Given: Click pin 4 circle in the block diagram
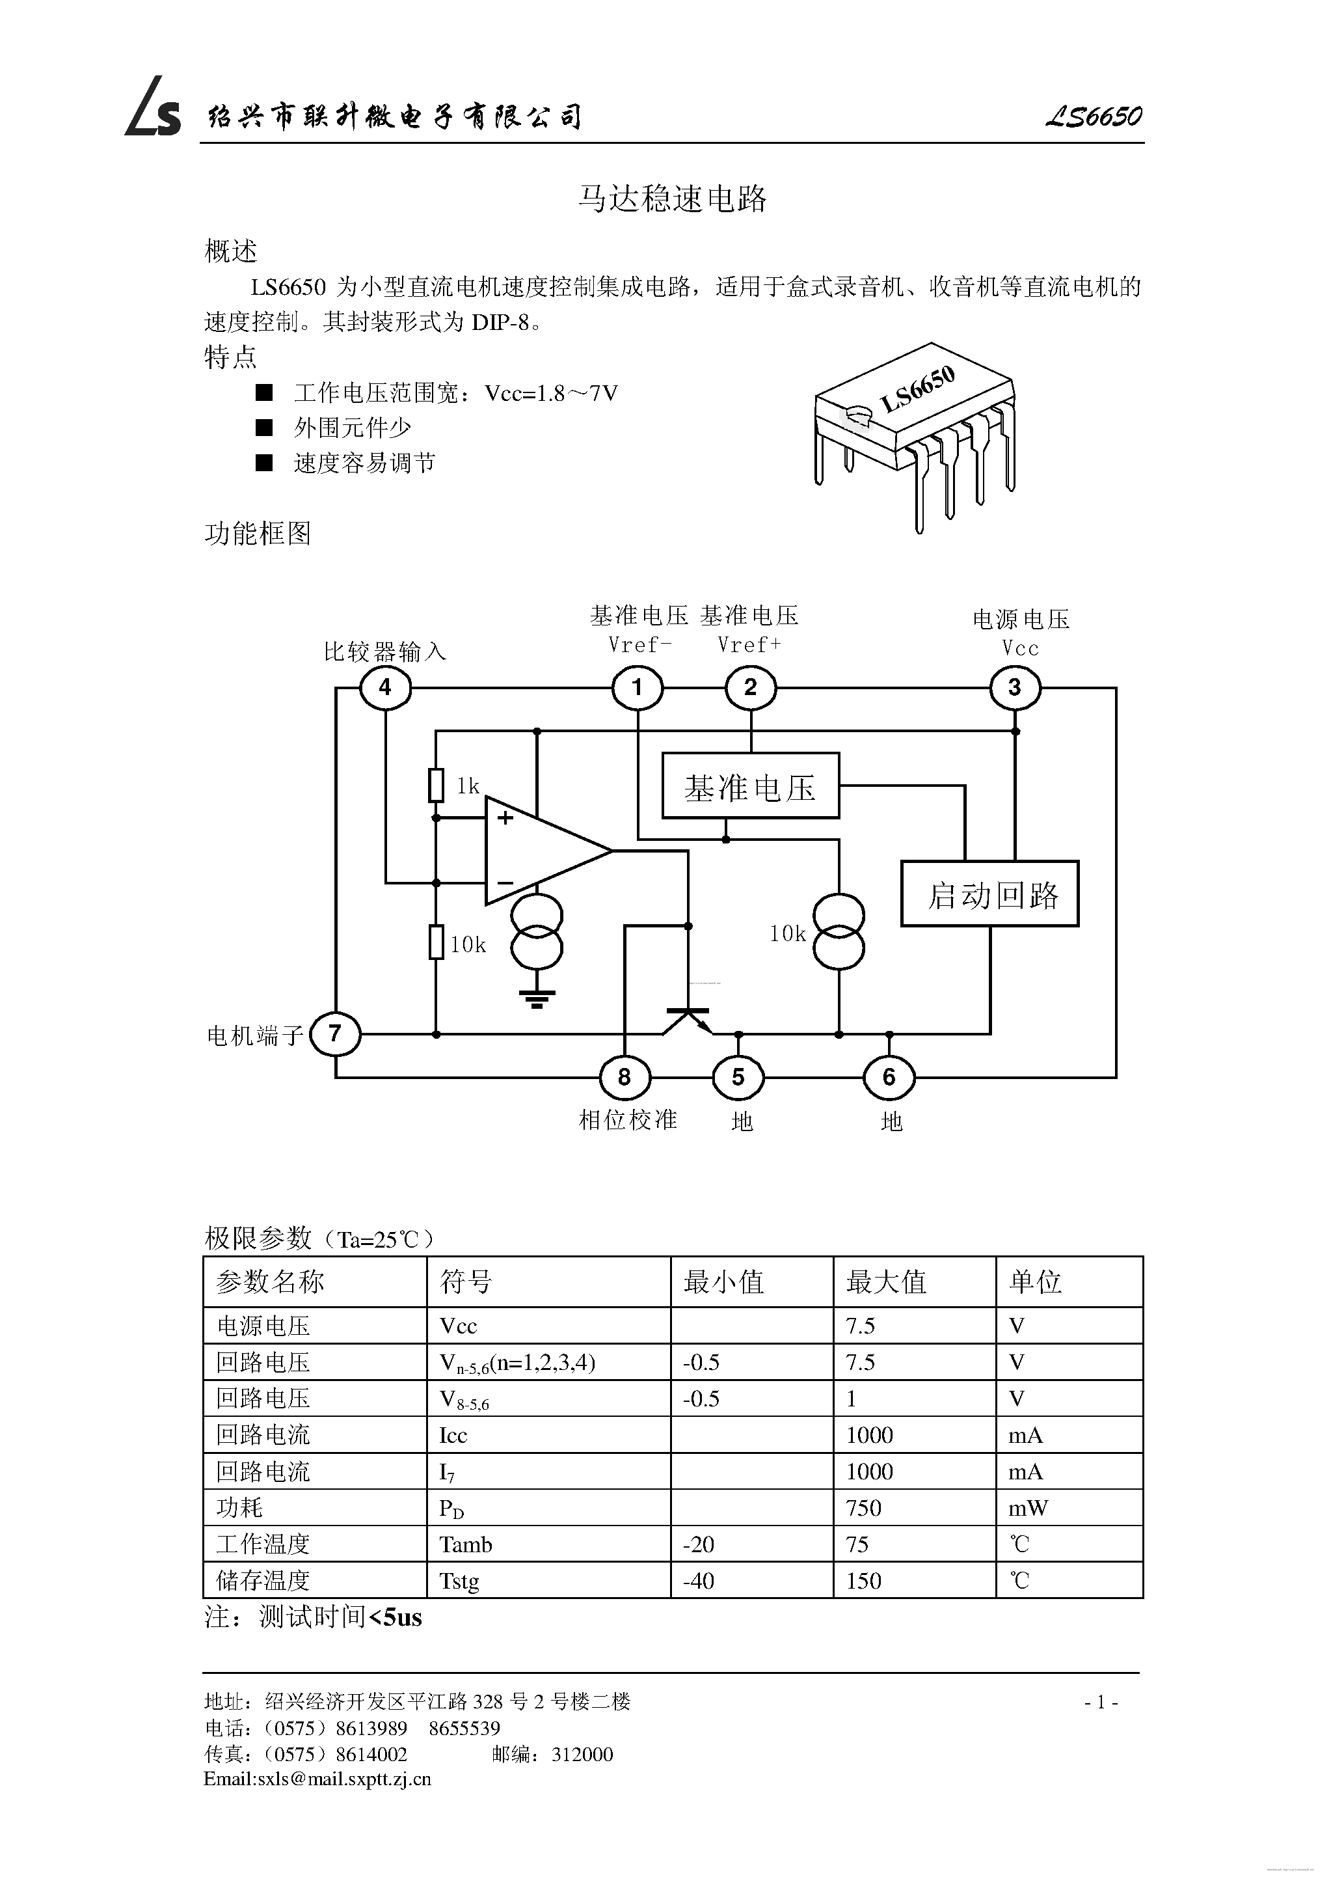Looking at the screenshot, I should pyautogui.click(x=385, y=688).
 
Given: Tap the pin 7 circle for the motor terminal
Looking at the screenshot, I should pyautogui.click(x=335, y=1034).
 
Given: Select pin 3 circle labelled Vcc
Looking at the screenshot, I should pyautogui.click(x=1014, y=688).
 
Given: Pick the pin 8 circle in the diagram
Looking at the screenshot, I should pyautogui.click(x=625, y=1078).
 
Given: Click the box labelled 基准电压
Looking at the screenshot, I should pyautogui.click(x=751, y=786).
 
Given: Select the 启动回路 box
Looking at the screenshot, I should pyautogui.click(x=990, y=894).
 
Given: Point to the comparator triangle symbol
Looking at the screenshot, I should pyautogui.click(x=539, y=851).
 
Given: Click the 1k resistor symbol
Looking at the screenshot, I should pyautogui.click(x=436, y=785).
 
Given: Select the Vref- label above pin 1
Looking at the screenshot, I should pyautogui.click(x=639, y=644).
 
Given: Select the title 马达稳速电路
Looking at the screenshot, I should pyautogui.click(x=672, y=199).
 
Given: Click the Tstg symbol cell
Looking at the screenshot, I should pyautogui.click(x=460, y=1581).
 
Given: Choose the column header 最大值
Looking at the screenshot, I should pyautogui.click(x=886, y=1282).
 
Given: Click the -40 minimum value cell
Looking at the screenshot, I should pyautogui.click(x=699, y=1581).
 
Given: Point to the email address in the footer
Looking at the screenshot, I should pyautogui.click(x=317, y=1779).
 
